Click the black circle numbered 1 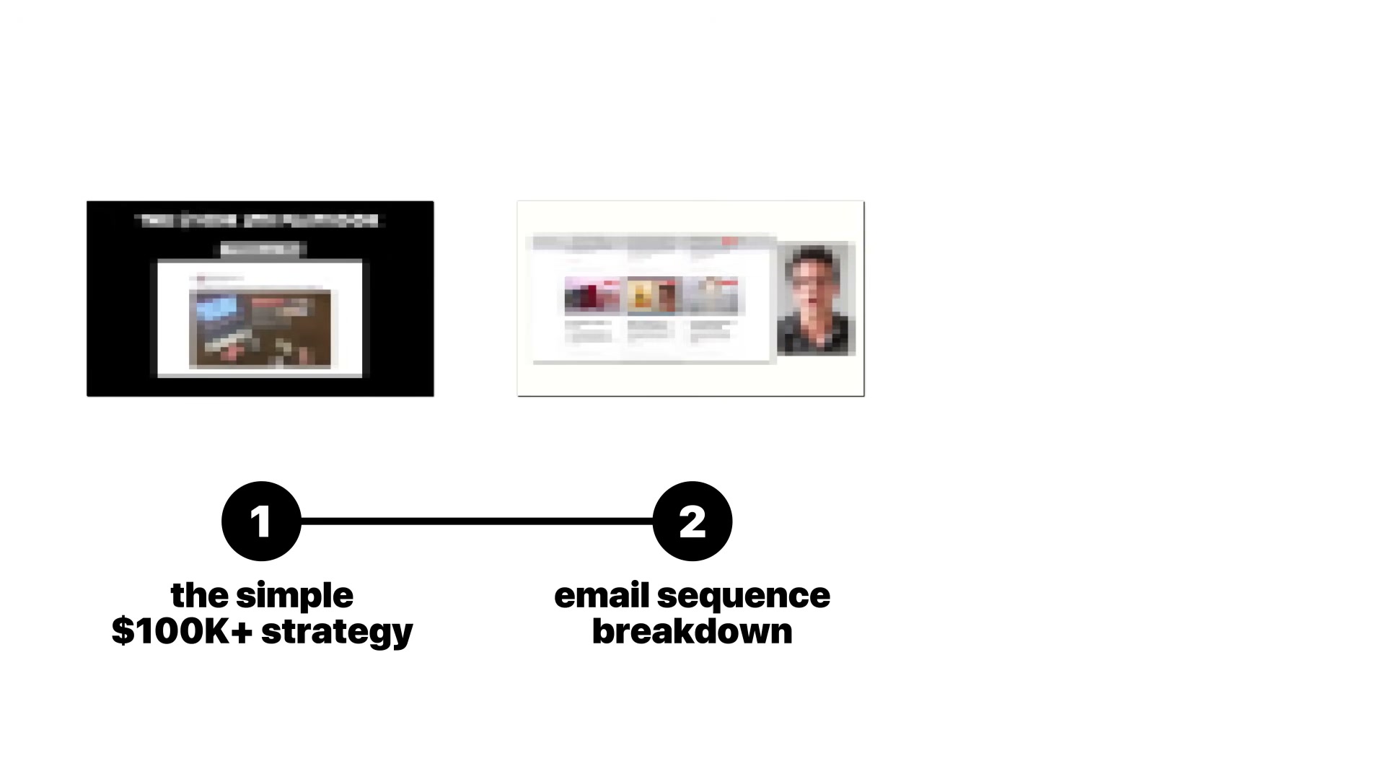[261, 521]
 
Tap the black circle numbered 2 [692, 521]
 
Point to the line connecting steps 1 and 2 [476, 521]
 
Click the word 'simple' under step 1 [294, 597]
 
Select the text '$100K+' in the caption [182, 631]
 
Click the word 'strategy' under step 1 [337, 633]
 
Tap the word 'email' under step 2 [602, 596]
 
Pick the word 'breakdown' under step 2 [692, 631]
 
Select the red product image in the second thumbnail [592, 296]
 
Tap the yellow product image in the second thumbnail [654, 296]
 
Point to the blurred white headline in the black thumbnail [260, 220]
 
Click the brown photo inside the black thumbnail [260, 329]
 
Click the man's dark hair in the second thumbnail [813, 256]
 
